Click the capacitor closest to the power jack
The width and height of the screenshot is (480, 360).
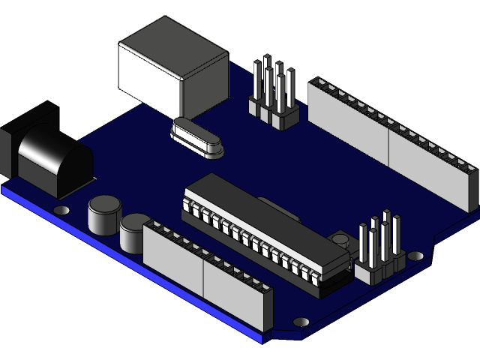pos(104,215)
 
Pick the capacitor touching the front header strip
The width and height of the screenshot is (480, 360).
pos(133,232)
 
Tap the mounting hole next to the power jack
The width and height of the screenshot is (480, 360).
pos(61,210)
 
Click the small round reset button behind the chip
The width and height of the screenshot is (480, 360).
pos(340,240)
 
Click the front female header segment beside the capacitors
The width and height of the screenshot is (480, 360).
pos(172,259)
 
